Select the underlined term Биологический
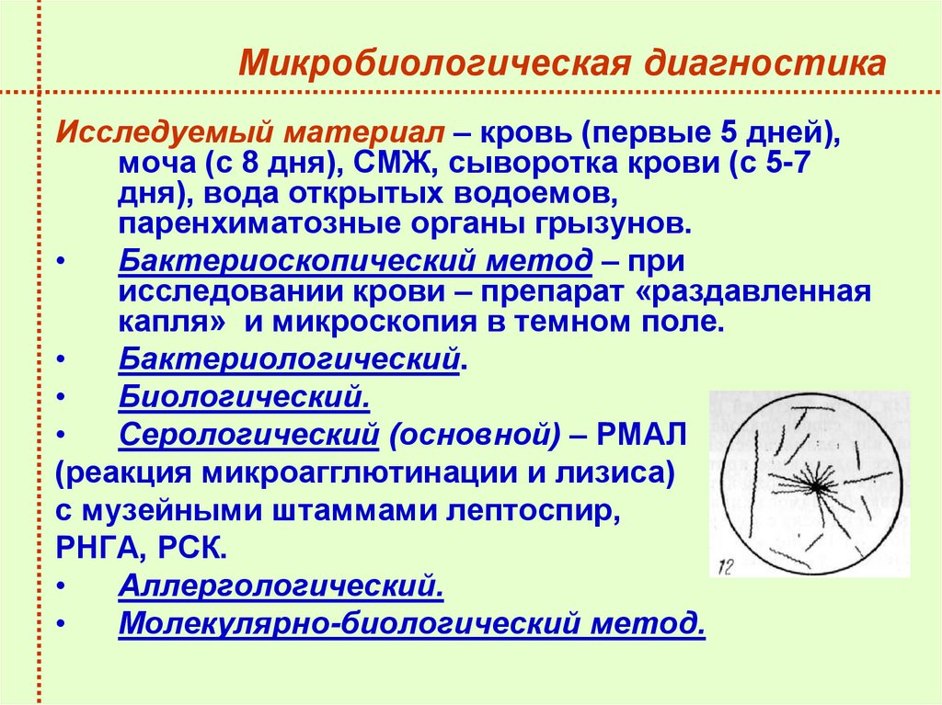[x=245, y=398]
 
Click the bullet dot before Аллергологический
[x=61, y=585]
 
